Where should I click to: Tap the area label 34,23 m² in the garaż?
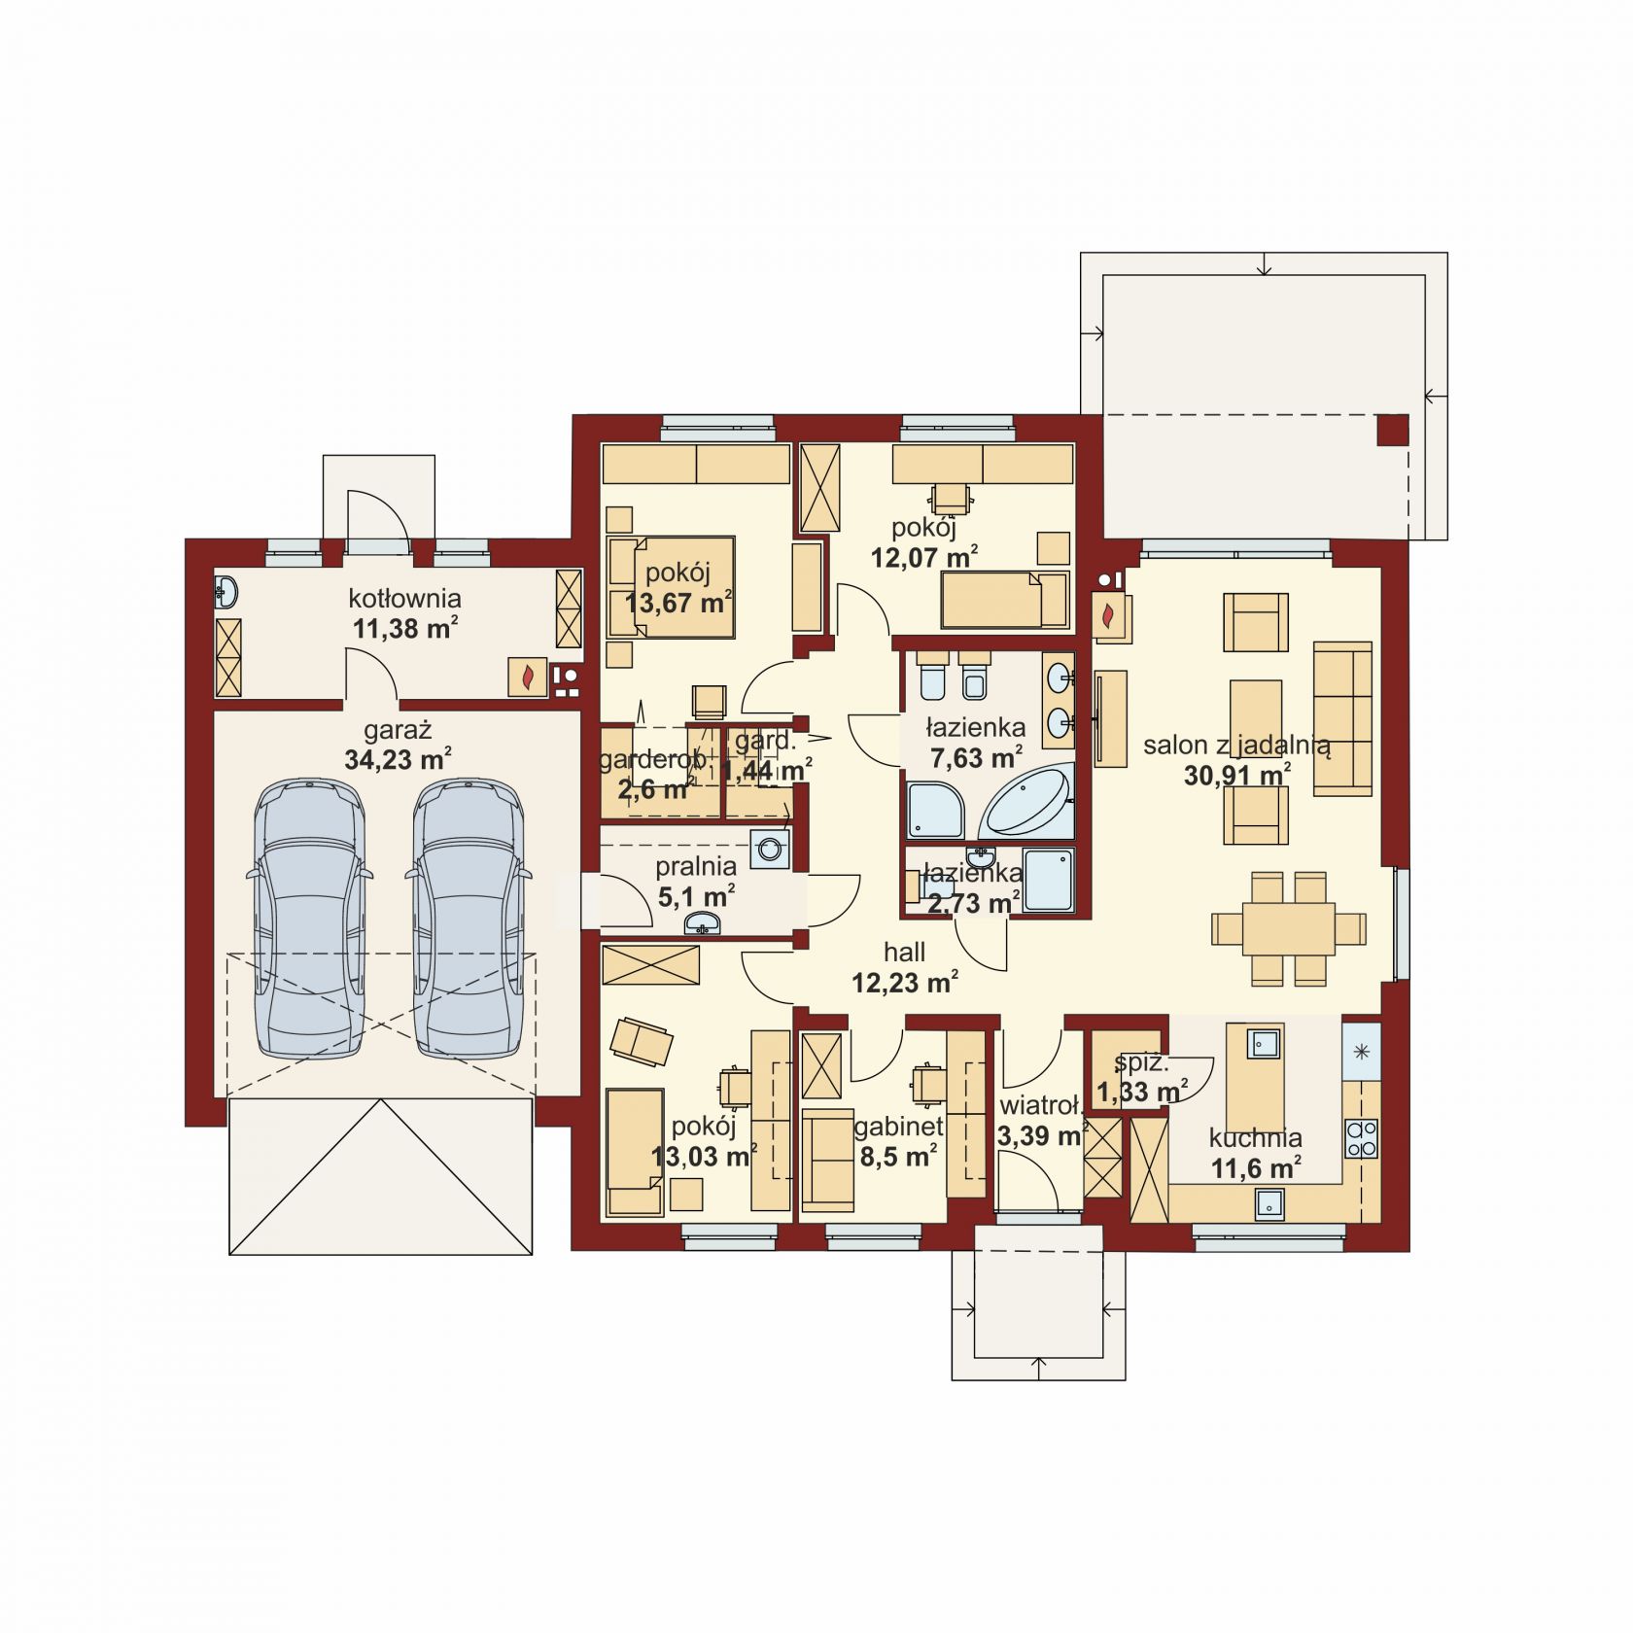click(398, 759)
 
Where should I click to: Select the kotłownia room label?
click(406, 598)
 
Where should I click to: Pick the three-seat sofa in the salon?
click(1342, 717)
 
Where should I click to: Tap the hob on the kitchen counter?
click(1362, 1137)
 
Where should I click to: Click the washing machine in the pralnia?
click(770, 848)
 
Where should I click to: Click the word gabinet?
click(899, 1128)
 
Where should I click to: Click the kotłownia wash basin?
click(226, 592)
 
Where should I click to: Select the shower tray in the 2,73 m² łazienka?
click(1049, 880)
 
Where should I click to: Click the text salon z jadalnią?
click(1236, 747)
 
